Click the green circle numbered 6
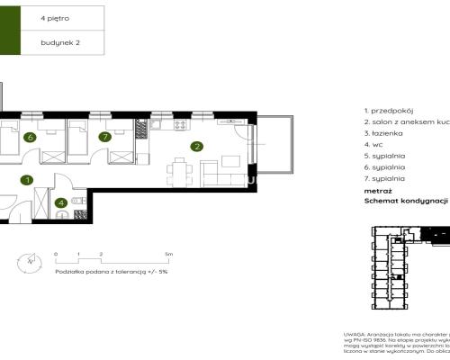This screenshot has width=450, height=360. coord(30,138)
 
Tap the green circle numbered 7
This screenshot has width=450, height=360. coord(104,138)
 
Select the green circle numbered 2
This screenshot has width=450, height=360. coord(195,147)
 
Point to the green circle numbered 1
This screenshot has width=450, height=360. coord(28,180)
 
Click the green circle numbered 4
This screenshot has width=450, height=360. coord(61,203)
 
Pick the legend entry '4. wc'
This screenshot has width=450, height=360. coord(374,144)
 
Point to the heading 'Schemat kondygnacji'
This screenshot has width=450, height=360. coord(405,202)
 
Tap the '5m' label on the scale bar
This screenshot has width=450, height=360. coord(169,255)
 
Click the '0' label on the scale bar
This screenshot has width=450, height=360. coord(56,255)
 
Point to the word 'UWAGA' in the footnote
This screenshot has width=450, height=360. coord(355,334)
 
